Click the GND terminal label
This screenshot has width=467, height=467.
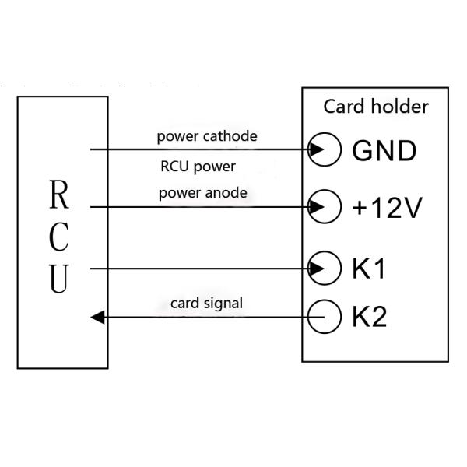(x=384, y=150)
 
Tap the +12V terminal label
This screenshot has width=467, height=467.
(x=386, y=208)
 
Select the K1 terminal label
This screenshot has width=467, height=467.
(x=370, y=269)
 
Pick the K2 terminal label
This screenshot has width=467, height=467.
(x=370, y=317)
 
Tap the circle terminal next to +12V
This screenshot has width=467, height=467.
(x=326, y=207)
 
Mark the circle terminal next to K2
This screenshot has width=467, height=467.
(x=326, y=317)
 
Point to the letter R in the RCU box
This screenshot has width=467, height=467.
(x=60, y=198)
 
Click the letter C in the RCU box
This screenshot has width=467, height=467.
(x=60, y=240)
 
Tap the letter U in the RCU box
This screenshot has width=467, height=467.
(x=60, y=280)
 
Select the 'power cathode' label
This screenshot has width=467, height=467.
(x=206, y=136)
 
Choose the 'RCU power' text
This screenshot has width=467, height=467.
(x=198, y=167)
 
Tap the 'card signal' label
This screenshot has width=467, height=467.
(x=206, y=303)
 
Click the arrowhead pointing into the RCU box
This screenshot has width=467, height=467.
(x=97, y=317)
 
